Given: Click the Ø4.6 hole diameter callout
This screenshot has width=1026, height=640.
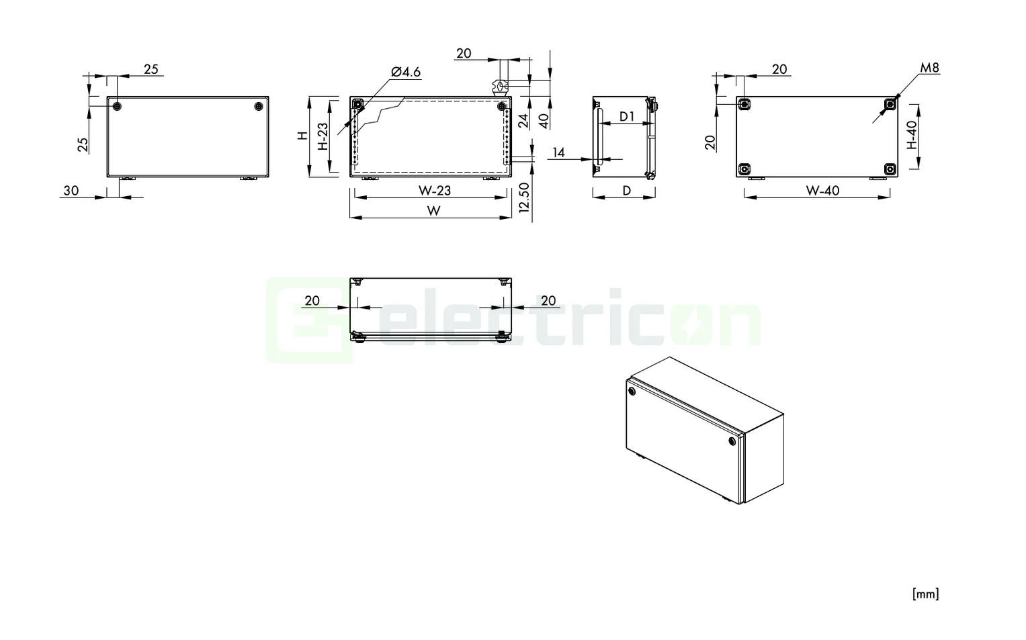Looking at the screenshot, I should coord(405,72).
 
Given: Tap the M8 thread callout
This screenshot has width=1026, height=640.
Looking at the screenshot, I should coord(929,68).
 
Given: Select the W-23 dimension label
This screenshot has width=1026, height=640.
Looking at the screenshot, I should coord(435,190).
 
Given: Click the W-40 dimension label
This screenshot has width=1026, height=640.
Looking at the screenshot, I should coord(822,190).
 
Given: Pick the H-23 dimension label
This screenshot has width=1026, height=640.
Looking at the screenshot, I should coord(323,136).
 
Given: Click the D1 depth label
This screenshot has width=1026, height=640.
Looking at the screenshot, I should coord(627,116).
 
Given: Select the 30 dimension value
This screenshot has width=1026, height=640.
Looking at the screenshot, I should coord(71,190).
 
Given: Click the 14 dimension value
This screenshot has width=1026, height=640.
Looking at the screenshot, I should coord(558,152).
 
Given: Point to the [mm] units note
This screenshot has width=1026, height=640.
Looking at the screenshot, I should coord(925,594).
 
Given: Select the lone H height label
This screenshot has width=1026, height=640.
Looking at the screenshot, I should coord(303,136).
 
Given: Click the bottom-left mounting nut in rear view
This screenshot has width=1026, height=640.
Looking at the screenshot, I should coord(744,169).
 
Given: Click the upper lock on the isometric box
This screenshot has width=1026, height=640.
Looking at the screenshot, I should coord(631,391).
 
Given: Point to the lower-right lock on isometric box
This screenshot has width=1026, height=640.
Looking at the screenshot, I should coord(732,441).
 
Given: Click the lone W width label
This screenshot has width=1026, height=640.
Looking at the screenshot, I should coord(434,211).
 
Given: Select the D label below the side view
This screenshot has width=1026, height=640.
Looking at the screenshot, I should coord(626,190).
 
